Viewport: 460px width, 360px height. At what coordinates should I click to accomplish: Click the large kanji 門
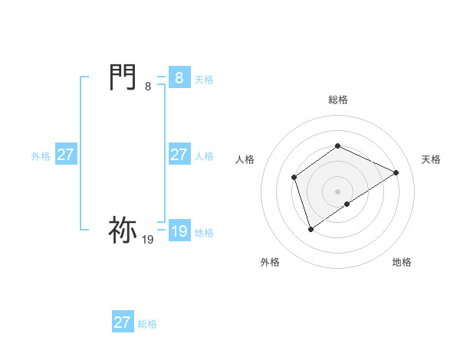tap(123, 78)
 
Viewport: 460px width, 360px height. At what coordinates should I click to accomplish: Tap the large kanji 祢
tap(123, 230)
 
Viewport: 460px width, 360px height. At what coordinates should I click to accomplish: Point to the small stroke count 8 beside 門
tap(148, 87)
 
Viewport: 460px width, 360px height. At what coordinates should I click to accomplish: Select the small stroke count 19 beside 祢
tap(148, 240)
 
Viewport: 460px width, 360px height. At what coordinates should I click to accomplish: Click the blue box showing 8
tap(179, 78)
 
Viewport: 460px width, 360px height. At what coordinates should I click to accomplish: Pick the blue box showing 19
tap(179, 231)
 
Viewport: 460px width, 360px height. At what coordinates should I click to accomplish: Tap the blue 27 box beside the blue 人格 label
tap(179, 155)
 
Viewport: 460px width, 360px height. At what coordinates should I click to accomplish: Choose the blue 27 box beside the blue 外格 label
tap(66, 155)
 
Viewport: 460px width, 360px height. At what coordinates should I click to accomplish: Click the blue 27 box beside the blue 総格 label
tap(122, 322)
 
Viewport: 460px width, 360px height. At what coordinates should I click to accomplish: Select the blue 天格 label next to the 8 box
tap(204, 80)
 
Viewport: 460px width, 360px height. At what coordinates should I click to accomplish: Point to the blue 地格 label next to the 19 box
tap(204, 233)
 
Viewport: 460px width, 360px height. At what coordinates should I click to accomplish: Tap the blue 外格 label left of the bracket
tap(41, 156)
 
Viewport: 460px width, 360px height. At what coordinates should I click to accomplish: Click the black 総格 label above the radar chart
tap(338, 100)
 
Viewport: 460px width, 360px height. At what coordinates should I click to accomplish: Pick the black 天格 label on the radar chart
tap(431, 159)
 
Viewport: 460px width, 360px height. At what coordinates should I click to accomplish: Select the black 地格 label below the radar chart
tap(402, 262)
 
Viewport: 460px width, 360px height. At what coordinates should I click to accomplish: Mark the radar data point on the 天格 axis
tap(396, 172)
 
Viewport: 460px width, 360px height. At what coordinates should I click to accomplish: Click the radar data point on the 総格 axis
tap(337, 146)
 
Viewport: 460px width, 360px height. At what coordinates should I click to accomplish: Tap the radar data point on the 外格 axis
tap(310, 228)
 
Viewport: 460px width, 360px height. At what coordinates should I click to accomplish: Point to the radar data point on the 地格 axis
tap(347, 204)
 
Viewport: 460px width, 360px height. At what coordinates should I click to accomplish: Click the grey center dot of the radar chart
tap(337, 191)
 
